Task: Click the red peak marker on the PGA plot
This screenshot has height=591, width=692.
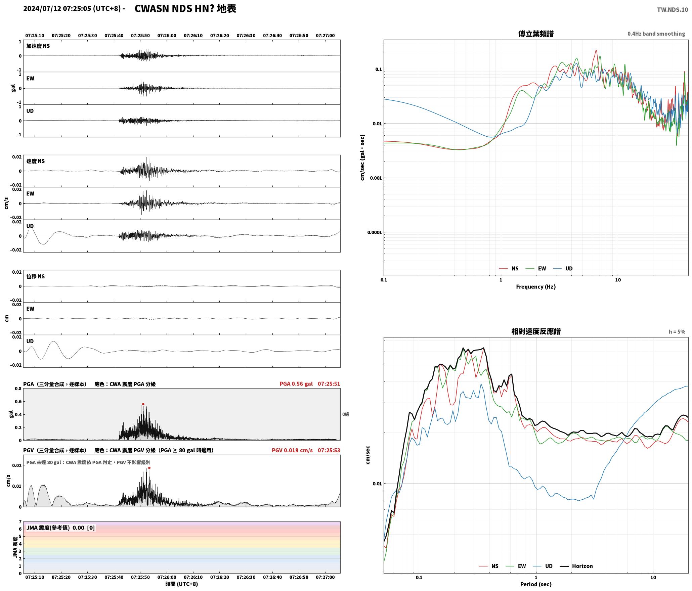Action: coord(143,404)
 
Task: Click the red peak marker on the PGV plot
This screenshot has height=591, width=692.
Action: coord(149,468)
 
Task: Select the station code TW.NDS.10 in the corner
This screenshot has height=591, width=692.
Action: coord(673,10)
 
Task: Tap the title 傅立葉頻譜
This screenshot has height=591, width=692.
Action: coord(536,34)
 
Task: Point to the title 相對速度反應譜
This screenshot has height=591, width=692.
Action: coord(536,331)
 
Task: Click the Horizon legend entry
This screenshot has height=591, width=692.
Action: coord(576,566)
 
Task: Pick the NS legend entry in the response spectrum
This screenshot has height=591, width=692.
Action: coord(489,566)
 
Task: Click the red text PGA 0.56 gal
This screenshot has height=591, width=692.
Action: coord(296,384)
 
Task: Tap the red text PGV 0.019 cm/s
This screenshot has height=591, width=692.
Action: coord(292,450)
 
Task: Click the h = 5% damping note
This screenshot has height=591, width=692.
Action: coord(677,332)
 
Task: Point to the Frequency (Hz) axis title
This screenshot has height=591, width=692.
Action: coord(536,287)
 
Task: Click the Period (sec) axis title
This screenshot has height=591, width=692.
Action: coord(536,584)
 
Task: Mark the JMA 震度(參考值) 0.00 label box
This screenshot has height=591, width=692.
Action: coord(60,528)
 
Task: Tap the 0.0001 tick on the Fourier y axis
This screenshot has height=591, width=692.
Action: coord(374,232)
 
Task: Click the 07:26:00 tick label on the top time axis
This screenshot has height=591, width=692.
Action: coord(167,36)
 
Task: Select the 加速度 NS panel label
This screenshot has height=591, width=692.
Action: coord(38,46)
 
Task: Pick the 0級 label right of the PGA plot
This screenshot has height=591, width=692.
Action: coord(346,414)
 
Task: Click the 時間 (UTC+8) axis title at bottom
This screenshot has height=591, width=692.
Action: coord(181,584)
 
